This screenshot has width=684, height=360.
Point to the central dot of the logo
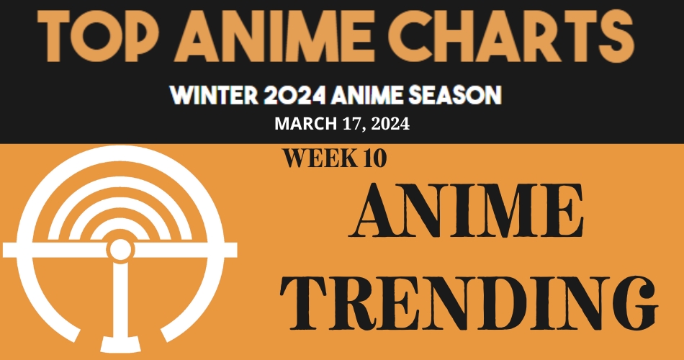click(120, 249)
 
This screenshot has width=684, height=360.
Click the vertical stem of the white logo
click(120, 302)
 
